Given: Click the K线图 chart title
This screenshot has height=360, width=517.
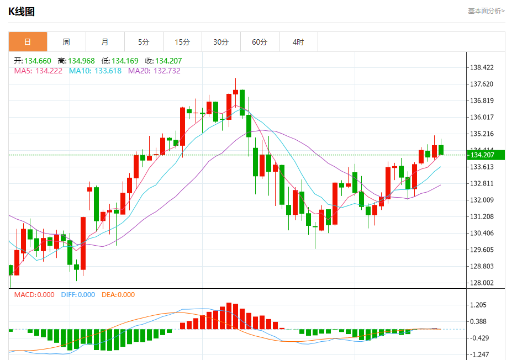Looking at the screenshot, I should (x=22, y=11).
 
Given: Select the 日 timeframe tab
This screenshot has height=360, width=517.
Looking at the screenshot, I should (x=28, y=42).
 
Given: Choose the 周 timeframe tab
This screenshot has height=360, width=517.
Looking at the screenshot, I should (x=66, y=42).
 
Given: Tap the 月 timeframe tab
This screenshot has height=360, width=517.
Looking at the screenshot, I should (x=105, y=42).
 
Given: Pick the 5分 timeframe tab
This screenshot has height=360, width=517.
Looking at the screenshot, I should (x=144, y=42).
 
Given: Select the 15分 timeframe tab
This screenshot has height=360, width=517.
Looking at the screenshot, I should (x=182, y=42).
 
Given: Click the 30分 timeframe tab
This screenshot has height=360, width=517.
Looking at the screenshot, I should (x=221, y=42).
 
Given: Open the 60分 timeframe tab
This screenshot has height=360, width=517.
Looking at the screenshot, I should (x=260, y=42).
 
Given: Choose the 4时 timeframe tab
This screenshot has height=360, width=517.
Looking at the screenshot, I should (x=298, y=42).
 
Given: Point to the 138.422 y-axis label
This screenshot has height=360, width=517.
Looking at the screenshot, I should (x=482, y=68).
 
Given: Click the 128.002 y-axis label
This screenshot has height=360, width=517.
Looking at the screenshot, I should (x=482, y=283).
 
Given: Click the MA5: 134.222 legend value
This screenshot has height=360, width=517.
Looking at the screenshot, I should (x=38, y=71).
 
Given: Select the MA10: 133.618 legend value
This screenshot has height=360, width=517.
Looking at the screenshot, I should (x=95, y=71).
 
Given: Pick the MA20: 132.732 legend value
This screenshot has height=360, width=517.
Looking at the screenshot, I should (x=154, y=71).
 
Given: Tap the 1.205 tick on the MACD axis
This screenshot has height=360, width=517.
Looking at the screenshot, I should (x=478, y=305).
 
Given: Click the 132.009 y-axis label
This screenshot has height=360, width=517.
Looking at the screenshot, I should (x=482, y=200).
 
